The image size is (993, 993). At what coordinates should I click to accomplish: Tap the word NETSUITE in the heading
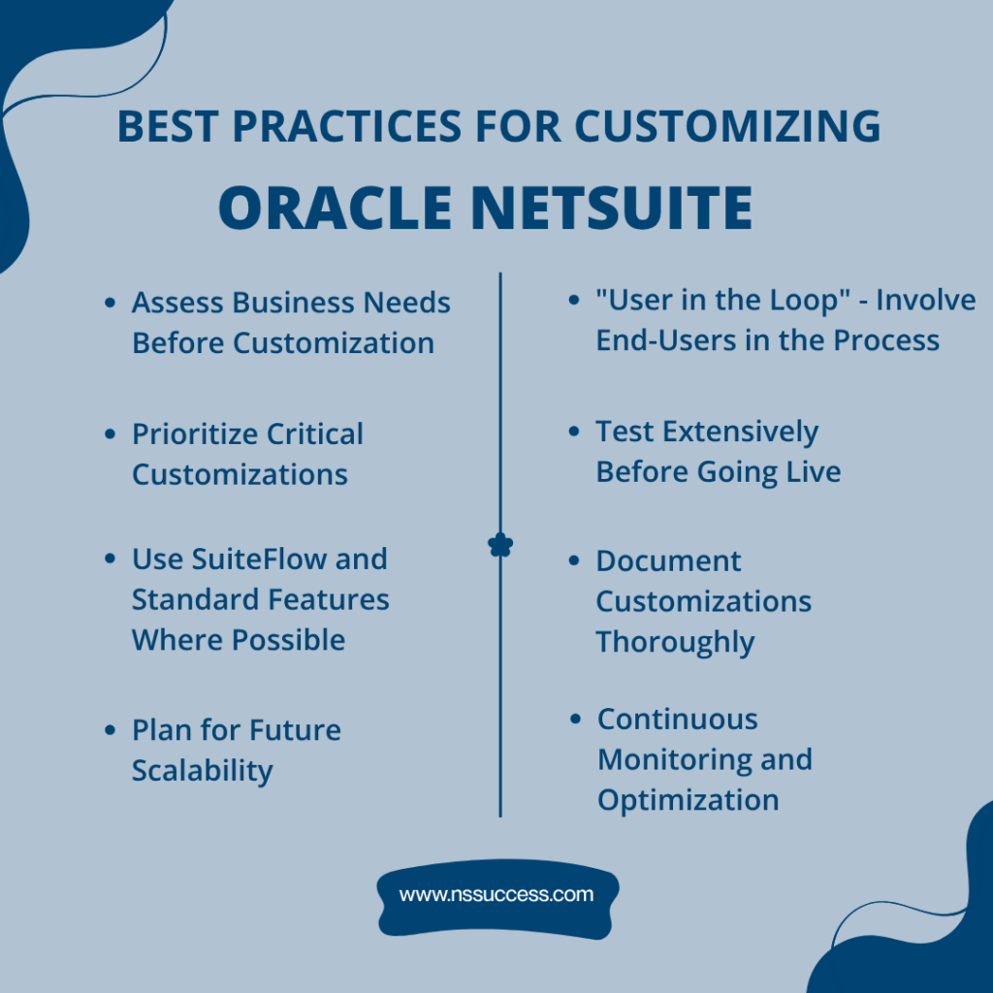pos(618,208)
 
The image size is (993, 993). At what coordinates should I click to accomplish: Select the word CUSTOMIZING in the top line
pos(727,127)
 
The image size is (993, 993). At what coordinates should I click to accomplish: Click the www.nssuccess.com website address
pos(496,894)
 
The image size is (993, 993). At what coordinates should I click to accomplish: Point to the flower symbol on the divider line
pos(500,546)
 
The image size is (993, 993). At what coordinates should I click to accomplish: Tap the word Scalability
pos(203,771)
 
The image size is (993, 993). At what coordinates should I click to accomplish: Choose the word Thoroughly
pos(675,642)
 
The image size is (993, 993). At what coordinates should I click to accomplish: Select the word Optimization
pos(688,800)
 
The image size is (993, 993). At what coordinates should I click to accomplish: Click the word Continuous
pos(677,720)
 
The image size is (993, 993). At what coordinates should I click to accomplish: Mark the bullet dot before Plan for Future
pos(110,730)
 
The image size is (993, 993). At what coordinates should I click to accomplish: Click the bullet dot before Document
pos(574,561)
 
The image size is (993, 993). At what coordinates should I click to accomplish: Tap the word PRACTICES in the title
pos(344,127)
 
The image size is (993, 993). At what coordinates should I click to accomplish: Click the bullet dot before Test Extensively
pos(574,432)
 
